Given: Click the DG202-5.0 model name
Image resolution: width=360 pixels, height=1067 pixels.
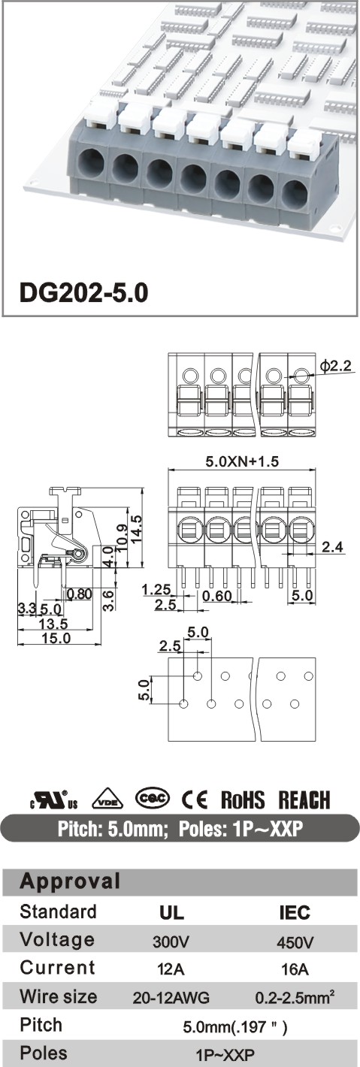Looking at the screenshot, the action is [x=83, y=293].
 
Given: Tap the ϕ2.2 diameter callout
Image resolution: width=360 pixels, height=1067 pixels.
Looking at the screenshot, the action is [x=336, y=366].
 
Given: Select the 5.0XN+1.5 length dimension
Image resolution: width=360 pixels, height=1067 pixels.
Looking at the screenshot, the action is [x=241, y=461].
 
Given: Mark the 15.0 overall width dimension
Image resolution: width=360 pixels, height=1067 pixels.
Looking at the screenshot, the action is [x=56, y=637].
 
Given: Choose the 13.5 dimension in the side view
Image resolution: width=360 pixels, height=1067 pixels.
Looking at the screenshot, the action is [x=53, y=623].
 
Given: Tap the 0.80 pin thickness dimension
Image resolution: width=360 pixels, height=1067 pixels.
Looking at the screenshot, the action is [x=79, y=594].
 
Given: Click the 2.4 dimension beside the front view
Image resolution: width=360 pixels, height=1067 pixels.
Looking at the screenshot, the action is [x=332, y=547].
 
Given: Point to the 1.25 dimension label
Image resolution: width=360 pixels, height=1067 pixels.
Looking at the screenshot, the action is [x=156, y=590].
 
